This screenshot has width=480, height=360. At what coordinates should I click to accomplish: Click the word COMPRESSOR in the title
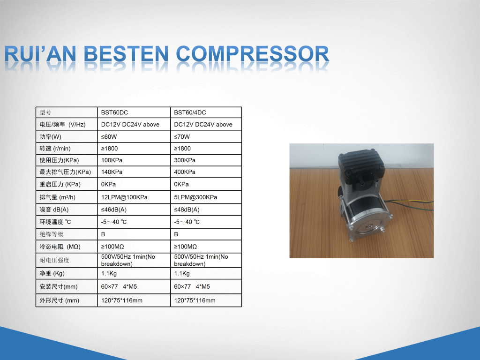click(x=253, y=54)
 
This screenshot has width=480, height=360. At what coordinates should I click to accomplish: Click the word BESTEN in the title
click(x=126, y=54)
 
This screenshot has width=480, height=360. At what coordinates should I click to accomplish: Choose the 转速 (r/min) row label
click(x=55, y=149)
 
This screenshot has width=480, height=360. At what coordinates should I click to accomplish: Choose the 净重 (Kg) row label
click(x=52, y=273)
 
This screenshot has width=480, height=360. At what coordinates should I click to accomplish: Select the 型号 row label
click(x=45, y=112)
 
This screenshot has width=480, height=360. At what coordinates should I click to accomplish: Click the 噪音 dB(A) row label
click(x=54, y=210)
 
